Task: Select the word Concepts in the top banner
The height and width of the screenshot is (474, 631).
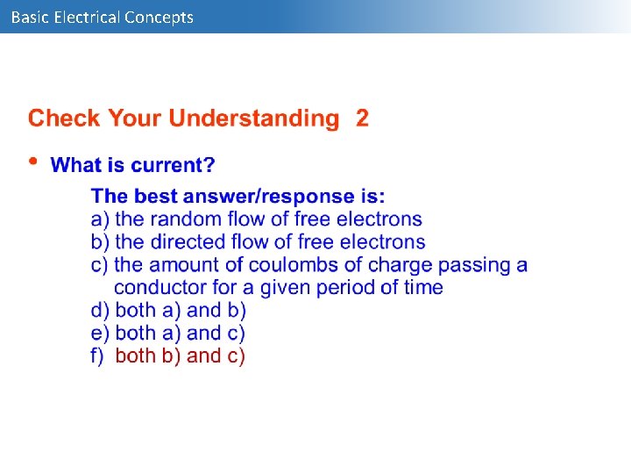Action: [x=160, y=17]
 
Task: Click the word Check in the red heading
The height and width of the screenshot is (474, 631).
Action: [x=62, y=118]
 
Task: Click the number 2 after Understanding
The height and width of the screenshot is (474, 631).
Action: [x=362, y=118]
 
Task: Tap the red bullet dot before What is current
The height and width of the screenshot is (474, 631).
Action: [x=33, y=161]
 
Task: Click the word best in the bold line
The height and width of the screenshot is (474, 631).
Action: [x=165, y=196]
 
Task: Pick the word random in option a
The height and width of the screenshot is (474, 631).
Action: [x=187, y=219]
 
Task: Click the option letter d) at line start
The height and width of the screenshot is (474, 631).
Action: [x=100, y=310]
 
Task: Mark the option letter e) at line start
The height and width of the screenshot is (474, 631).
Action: [x=100, y=333]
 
